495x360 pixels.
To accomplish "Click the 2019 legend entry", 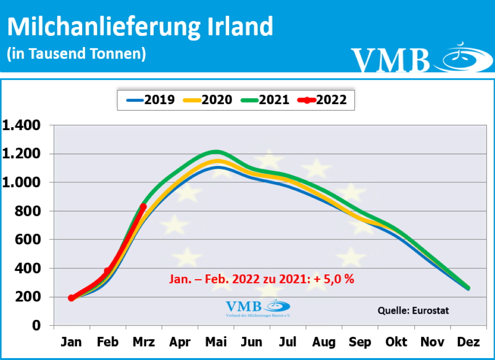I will tap(150, 100).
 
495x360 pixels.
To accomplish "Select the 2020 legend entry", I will tap(207, 100).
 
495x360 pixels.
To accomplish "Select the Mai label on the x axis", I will tap(216, 342).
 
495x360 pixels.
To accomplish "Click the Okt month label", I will tap(396, 342).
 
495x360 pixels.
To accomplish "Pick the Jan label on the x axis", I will tap(72, 342).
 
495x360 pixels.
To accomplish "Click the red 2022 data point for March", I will tap(143, 207).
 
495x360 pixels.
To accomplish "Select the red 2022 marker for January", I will tap(72, 298).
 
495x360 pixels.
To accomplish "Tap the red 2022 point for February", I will tap(107, 271).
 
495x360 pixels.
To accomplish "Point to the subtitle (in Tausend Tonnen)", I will tap(76, 54).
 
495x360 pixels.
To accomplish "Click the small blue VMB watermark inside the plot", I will tap(258, 307).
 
